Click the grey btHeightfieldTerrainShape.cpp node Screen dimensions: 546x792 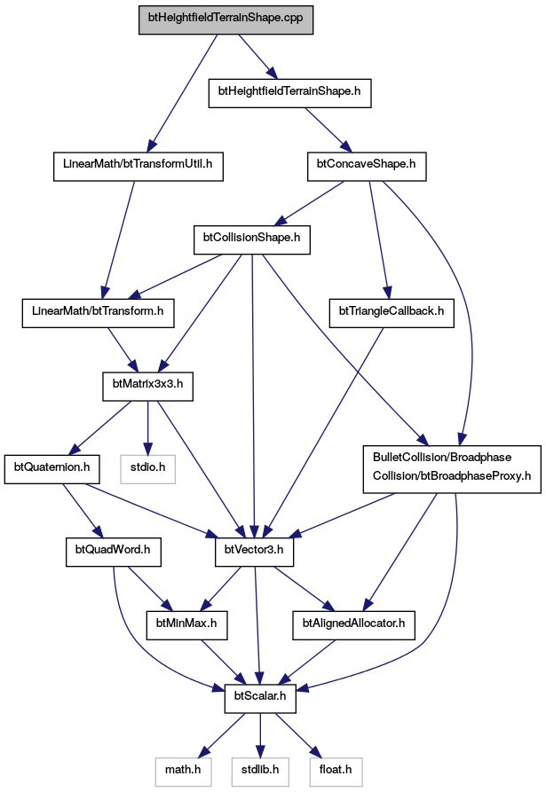[x=226, y=20]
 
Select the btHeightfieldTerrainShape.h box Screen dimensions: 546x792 [x=289, y=93]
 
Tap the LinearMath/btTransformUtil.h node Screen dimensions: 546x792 [x=138, y=166]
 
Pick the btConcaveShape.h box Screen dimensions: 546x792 [x=367, y=166]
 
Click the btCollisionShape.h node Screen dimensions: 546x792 [x=252, y=240]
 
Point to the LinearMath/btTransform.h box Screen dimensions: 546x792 [x=98, y=313]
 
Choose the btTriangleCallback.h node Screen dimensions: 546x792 [x=392, y=313]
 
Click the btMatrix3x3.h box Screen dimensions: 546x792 [x=147, y=387]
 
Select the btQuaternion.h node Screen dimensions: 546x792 [x=52, y=469]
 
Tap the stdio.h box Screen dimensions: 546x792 [x=147, y=469]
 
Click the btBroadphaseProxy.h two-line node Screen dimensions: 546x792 [x=452, y=469]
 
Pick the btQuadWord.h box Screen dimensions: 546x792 [x=114, y=552]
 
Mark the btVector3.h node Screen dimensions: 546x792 [x=254, y=552]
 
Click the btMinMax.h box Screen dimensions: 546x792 [x=186, y=625]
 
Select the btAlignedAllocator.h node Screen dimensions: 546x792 [x=354, y=625]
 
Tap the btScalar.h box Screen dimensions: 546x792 [x=260, y=699]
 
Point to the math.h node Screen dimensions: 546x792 [x=183, y=772]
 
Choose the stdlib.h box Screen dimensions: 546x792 [x=260, y=772]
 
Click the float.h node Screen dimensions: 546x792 [x=336, y=772]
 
